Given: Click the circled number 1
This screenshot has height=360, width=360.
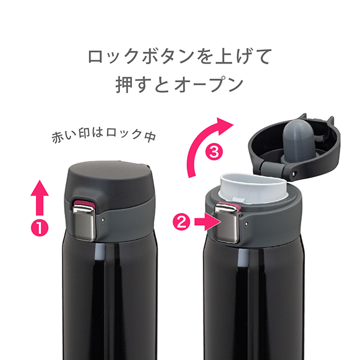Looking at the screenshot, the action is (x=40, y=228).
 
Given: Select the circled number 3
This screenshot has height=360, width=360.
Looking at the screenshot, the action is (x=214, y=152).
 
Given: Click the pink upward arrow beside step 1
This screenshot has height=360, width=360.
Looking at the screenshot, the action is (x=40, y=197).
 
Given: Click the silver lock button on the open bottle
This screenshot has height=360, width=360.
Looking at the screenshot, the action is (x=227, y=224).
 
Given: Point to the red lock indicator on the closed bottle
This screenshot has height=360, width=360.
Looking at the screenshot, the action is (x=83, y=203).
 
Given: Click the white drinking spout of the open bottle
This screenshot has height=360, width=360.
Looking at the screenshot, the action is (x=253, y=188).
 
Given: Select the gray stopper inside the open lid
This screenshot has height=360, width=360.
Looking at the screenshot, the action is (x=295, y=140).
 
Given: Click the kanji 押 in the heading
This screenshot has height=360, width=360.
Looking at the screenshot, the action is (x=124, y=84).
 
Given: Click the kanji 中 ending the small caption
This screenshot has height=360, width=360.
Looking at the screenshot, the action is (x=150, y=136).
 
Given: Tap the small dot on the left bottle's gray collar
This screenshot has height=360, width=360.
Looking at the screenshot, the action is (x=103, y=220).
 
